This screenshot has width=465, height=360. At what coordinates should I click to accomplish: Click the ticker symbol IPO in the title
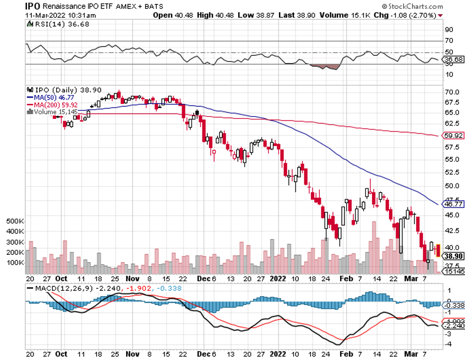click(32, 6)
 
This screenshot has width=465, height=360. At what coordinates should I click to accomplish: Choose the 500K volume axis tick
click(15, 221)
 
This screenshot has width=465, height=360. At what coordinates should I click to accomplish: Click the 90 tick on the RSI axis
click(448, 29)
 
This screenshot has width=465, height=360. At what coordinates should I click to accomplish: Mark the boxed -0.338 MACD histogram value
click(454, 305)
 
